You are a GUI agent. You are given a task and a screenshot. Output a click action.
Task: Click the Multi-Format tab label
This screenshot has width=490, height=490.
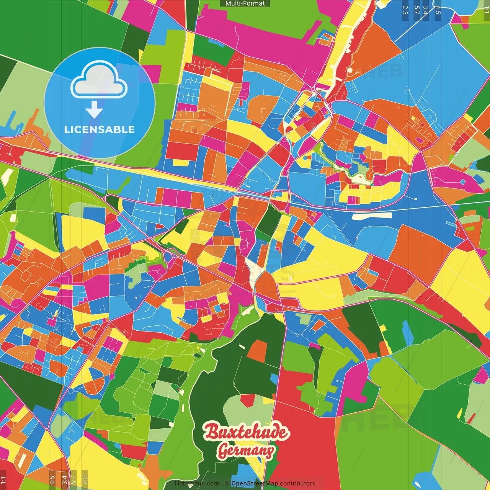tap(245, 3)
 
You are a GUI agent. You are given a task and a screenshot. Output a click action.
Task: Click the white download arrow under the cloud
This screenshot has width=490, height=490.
tap(94, 109)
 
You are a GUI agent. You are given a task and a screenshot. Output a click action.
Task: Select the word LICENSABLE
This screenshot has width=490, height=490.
tap(100, 129)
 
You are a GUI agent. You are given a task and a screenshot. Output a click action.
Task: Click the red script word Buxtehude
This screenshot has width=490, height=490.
tap(245, 432)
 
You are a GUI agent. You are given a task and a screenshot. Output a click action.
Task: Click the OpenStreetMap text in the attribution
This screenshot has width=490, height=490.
tap(254, 483)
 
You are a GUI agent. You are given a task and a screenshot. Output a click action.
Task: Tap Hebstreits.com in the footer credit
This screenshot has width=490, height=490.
tap(197, 483)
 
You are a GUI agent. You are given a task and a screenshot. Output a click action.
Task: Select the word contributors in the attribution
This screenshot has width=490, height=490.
tap(297, 483)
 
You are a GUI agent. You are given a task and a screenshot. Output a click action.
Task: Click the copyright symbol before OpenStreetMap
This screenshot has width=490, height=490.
tap(227, 483)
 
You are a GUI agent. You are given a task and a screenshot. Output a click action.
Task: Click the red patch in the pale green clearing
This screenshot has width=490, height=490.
tap(248, 400)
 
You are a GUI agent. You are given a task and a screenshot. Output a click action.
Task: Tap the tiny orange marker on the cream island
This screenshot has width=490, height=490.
tap(360, 177)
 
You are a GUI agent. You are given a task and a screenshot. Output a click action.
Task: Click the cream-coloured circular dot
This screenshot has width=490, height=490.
tap(350, 70)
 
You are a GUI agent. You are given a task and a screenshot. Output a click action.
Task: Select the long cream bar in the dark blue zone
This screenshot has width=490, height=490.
tap(372, 216)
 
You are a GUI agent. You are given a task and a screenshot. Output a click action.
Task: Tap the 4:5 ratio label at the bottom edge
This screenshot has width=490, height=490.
tap(52, 480)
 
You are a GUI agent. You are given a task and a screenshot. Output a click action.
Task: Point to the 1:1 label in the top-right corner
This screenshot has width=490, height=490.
tap(486, 9)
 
